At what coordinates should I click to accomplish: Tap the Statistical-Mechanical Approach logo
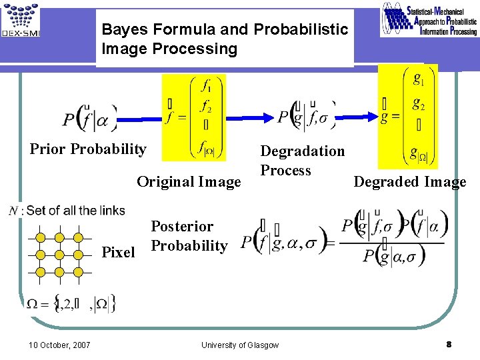click(429, 19)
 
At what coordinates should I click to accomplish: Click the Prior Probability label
click(88, 149)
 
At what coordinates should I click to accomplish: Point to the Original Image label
click(189, 181)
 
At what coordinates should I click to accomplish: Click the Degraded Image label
click(409, 182)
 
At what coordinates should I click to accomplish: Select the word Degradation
click(302, 151)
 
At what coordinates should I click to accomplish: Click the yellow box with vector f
click(194, 117)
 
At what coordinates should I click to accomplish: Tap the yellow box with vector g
click(408, 117)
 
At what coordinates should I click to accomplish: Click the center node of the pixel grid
click(59, 254)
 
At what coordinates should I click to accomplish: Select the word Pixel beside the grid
click(118, 253)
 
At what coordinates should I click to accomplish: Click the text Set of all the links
click(75, 211)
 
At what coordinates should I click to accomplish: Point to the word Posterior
click(182, 227)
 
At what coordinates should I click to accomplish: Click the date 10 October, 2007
click(60, 345)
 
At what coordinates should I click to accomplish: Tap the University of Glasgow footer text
click(240, 345)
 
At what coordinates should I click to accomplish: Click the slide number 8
click(449, 344)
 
